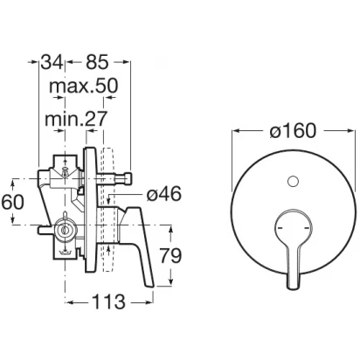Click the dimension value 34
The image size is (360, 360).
click(x=52, y=62)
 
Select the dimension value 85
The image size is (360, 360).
click(x=97, y=62)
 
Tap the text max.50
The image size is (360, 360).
click(x=84, y=86)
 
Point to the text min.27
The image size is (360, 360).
click(x=76, y=118)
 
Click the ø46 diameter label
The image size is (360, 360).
click(x=164, y=193)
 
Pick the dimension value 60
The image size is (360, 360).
click(x=12, y=202)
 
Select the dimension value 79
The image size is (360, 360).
click(x=171, y=256)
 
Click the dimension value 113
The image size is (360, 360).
click(x=108, y=301)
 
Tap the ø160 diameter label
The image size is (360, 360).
click(x=293, y=130)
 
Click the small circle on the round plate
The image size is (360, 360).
click(x=293, y=182)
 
